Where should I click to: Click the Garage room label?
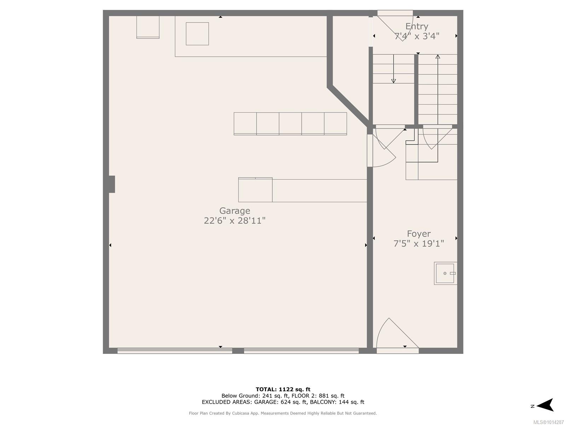pyautogui.click(x=235, y=211)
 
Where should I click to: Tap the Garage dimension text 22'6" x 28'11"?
pyautogui.click(x=235, y=221)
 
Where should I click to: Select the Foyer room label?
pyautogui.click(x=418, y=234)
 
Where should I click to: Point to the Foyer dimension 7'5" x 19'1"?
pyautogui.click(x=418, y=244)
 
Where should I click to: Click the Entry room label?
pyautogui.click(x=417, y=26)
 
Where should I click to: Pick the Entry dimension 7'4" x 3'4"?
pyautogui.click(x=417, y=36)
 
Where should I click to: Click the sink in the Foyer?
pyautogui.click(x=445, y=273)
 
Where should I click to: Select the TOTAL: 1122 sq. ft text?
pyautogui.click(x=283, y=389)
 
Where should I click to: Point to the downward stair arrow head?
pyautogui.click(x=393, y=81)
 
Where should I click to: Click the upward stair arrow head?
pyautogui.click(x=438, y=57)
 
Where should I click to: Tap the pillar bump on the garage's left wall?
pyautogui.click(x=112, y=184)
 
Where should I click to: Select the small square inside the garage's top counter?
pyautogui.click(x=197, y=34)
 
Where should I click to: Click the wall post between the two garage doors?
pyautogui.click(x=238, y=350)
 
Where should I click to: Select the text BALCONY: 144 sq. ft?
pyautogui.click(x=337, y=402)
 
